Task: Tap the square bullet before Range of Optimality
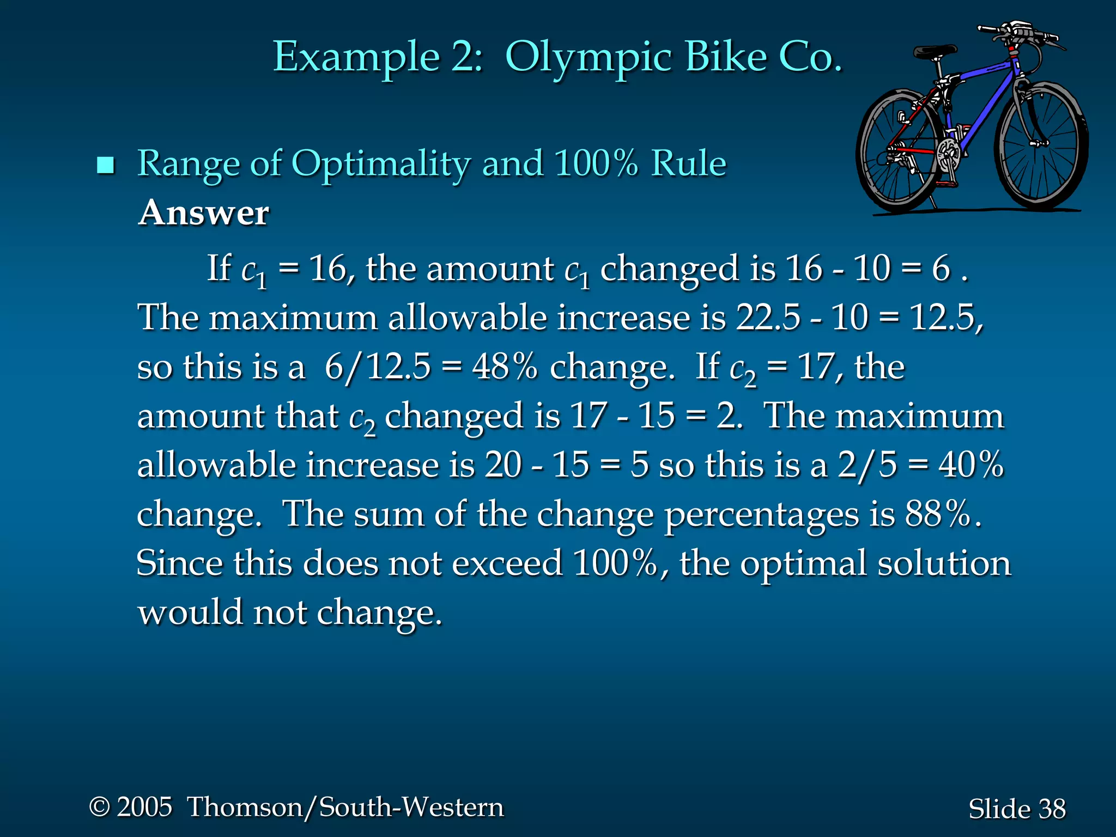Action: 105,165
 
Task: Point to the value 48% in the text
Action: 505,367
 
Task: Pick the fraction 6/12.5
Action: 378,367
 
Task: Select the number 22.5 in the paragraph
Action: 768,317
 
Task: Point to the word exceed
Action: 507,563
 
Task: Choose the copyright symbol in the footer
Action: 100,806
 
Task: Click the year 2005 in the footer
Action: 144,806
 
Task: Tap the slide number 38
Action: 1052,809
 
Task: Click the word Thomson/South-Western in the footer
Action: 345,807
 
